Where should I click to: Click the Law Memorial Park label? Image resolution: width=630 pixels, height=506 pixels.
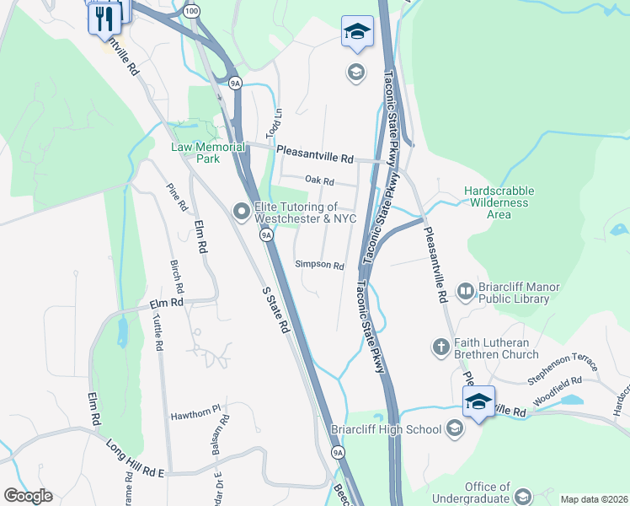[196, 153]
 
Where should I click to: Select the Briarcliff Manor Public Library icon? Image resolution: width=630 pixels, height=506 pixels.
[466, 292]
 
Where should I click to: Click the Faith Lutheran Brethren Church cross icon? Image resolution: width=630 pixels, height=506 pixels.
[440, 346]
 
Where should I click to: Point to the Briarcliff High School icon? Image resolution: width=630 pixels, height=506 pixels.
[455, 429]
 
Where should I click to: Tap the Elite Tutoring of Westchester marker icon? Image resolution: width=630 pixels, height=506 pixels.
[242, 213]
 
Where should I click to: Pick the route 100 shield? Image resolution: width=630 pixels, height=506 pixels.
[191, 11]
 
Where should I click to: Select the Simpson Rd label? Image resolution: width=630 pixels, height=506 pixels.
[320, 265]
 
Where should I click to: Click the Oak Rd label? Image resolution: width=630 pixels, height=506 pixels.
[320, 181]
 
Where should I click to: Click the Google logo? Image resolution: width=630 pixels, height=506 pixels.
[28, 496]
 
